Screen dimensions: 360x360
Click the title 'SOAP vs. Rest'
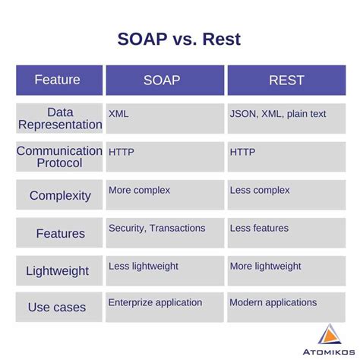[179, 39]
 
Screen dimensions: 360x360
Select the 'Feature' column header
[58, 80]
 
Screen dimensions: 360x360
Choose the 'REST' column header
[286, 80]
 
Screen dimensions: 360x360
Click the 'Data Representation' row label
[59, 118]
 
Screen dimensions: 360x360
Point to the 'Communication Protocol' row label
[59, 156]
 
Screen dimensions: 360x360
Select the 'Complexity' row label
[59, 195]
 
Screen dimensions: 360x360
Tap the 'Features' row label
[59, 233]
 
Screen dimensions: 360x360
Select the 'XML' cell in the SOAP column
[118, 114]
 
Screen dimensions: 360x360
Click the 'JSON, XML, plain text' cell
[277, 114]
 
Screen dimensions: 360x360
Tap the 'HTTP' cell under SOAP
[122, 152]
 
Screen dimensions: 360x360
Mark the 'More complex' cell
[139, 190]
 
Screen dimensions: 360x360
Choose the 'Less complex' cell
[260, 190]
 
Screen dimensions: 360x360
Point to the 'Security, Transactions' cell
[156, 228]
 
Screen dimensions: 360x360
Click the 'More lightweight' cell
[265, 266]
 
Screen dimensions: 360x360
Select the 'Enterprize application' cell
[155, 302]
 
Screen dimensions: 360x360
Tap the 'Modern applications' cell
[273, 302]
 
